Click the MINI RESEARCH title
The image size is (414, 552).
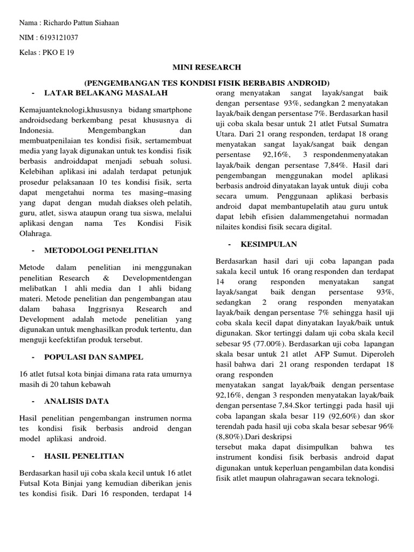(x=207, y=67)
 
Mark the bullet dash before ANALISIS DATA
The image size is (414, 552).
(x=34, y=401)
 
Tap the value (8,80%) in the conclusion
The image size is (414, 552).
(x=231, y=436)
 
